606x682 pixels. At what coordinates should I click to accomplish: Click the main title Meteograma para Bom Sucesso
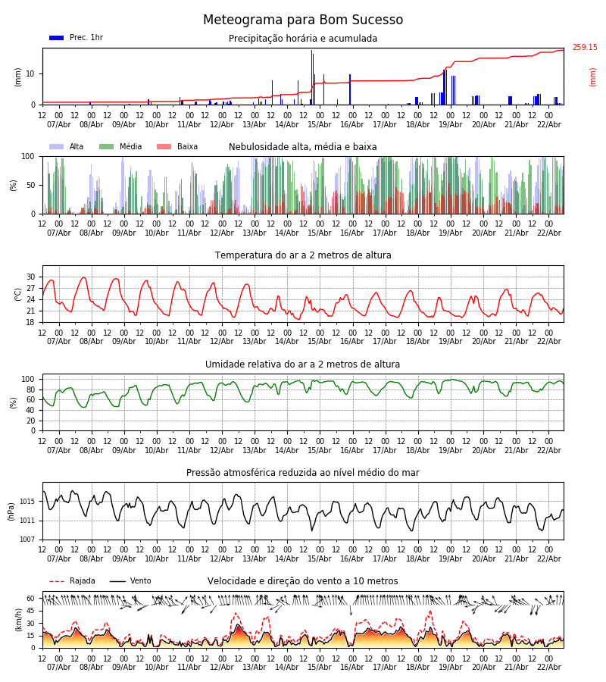[303, 20]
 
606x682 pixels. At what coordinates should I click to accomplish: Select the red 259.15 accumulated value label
[584, 48]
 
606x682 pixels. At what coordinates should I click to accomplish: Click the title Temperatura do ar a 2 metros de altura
[303, 255]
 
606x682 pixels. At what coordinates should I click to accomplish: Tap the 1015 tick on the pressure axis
[28, 502]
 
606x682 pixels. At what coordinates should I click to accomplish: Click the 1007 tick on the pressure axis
[28, 540]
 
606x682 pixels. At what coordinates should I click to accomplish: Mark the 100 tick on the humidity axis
[29, 379]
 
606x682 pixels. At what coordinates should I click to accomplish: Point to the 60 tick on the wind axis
[31, 598]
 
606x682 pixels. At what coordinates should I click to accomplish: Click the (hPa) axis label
[12, 511]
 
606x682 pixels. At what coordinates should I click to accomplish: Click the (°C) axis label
[18, 293]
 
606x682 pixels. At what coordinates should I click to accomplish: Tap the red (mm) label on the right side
[593, 77]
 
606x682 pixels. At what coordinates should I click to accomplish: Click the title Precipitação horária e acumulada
[303, 39]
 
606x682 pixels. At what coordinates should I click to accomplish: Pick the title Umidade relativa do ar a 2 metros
[303, 364]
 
